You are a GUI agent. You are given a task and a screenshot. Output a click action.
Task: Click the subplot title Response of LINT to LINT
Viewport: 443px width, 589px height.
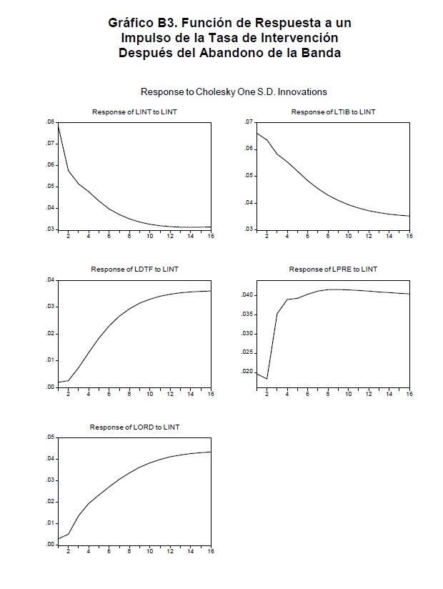tap(134, 112)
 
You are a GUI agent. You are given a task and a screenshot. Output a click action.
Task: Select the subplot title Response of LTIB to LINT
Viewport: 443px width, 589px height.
tap(333, 112)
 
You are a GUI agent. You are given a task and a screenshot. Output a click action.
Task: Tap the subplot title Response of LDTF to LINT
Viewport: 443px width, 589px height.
tap(134, 269)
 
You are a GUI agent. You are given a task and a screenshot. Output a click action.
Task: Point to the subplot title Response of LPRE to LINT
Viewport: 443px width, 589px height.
tap(333, 269)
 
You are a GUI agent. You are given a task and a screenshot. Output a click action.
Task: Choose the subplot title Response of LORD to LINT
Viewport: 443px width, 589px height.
tap(134, 427)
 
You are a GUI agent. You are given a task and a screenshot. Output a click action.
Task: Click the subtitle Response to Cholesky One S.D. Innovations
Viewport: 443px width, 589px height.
tap(234, 91)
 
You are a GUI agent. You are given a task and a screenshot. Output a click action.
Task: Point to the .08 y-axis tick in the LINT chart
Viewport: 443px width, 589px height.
tap(50, 122)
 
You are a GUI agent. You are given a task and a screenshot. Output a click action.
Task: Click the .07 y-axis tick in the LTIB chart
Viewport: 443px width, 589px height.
tap(248, 122)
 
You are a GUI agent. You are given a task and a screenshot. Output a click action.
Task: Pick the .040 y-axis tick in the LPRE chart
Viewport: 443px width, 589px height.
tap(246, 294)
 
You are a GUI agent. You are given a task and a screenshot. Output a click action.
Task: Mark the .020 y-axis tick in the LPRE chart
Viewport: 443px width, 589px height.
tap(246, 372)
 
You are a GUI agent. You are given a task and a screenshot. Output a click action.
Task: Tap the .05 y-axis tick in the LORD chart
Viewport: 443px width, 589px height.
tap(50, 437)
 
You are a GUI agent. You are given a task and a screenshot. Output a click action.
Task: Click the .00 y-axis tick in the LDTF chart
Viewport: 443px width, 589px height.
tap(50, 387)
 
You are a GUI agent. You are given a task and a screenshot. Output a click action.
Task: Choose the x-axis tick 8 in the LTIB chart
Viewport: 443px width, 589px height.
tap(328, 237)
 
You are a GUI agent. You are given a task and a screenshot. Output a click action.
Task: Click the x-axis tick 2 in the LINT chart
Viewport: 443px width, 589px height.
tap(68, 237)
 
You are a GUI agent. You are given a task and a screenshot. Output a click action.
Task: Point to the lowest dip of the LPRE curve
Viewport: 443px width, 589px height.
tap(267, 378)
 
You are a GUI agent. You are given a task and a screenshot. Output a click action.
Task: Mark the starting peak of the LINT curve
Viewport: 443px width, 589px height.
tap(58, 124)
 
